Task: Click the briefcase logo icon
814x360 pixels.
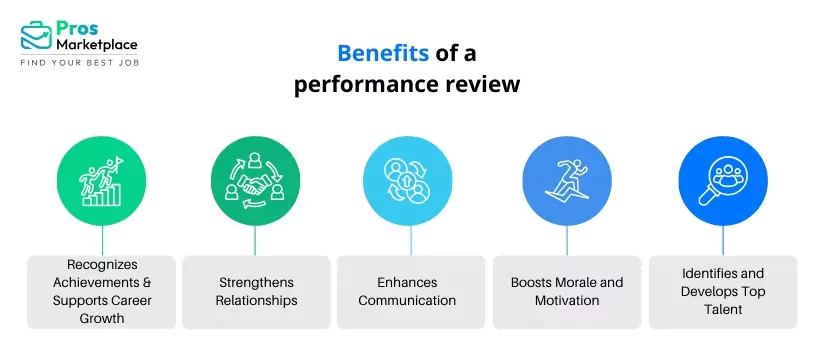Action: [37, 36]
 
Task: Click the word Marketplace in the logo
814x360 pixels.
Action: [97, 44]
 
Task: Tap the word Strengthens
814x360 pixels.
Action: [256, 283]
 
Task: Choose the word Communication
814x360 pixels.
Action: [408, 300]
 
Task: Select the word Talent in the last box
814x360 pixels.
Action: [723, 309]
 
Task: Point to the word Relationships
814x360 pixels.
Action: [256, 300]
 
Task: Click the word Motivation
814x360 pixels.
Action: [568, 300]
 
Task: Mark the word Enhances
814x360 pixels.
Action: [408, 283]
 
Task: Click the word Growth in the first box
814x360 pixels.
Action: [101, 318]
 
